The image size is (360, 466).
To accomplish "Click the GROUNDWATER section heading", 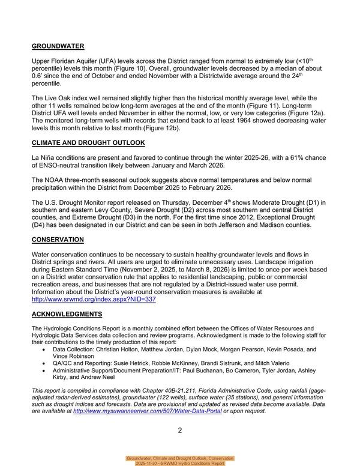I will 58,46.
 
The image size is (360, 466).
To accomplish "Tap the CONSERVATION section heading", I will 58,240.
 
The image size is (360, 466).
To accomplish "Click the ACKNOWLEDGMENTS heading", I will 67,314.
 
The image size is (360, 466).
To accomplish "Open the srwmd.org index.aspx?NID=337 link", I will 94,298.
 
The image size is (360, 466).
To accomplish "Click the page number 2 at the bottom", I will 179,430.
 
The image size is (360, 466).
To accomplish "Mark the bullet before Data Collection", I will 46,349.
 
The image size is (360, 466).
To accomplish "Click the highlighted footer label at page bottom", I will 179,461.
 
